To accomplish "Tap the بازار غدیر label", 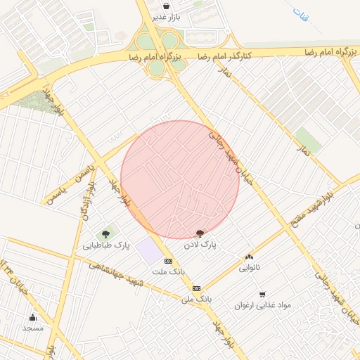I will pyautogui.click(x=168, y=17).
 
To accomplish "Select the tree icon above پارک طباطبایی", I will pyautogui.click(x=106, y=234).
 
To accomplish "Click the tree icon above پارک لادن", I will pyautogui.click(x=201, y=233).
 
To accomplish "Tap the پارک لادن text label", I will pyautogui.click(x=200, y=245).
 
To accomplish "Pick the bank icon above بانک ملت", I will pyautogui.click(x=167, y=261).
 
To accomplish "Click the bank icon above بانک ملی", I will pyautogui.click(x=196, y=288).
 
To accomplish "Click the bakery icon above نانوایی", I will pyautogui.click(x=249, y=257).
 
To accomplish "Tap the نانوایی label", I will pyautogui.click(x=249, y=268).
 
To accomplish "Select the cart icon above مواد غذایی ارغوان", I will pyautogui.click(x=263, y=295).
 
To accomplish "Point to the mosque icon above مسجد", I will pyautogui.click(x=32, y=317).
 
